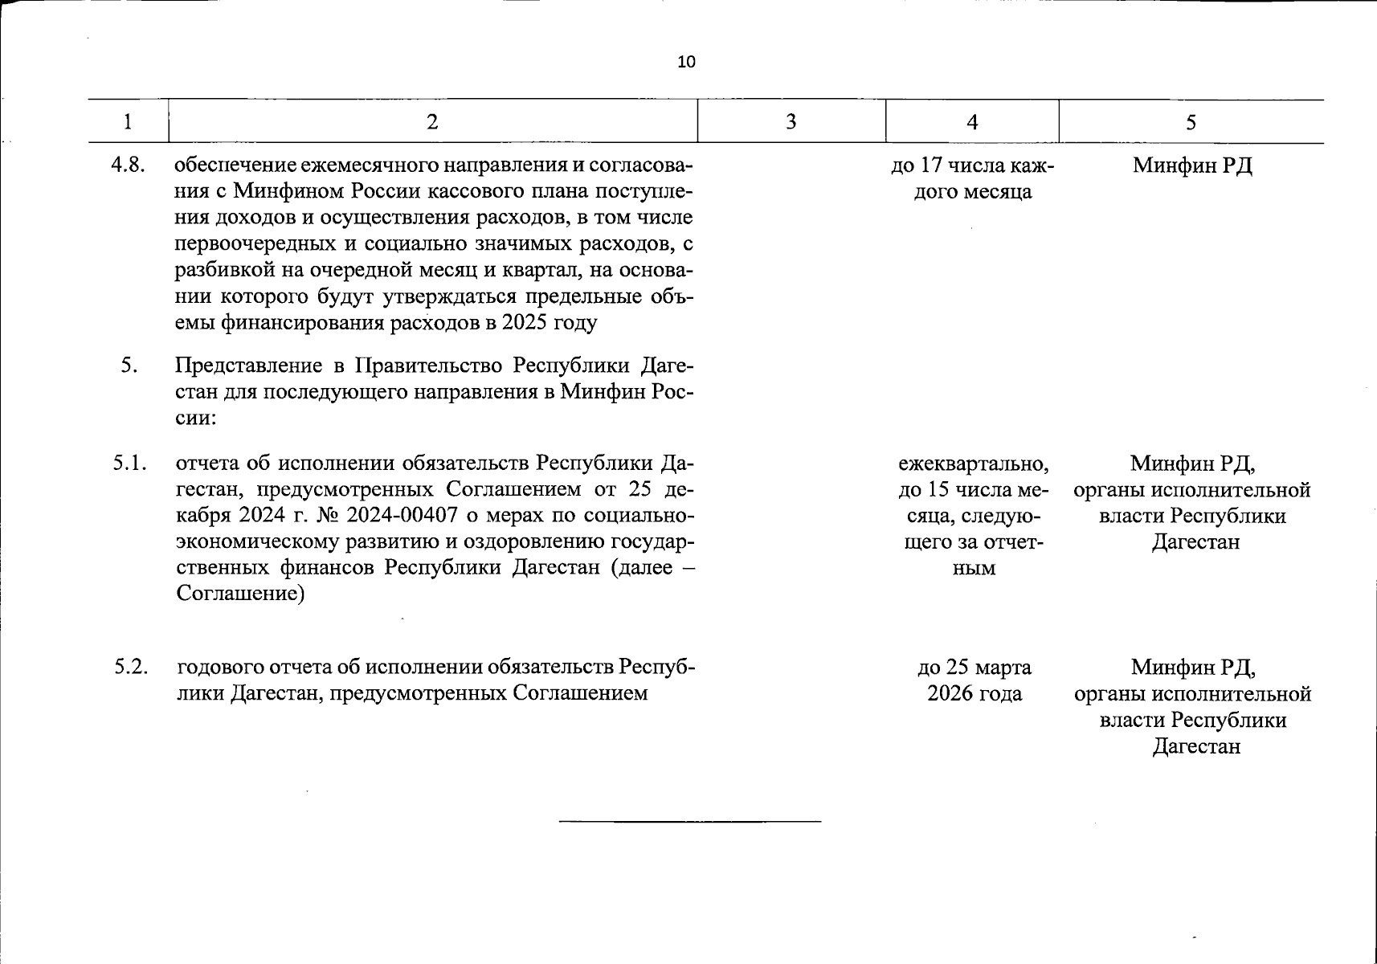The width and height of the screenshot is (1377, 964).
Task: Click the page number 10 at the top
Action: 687,62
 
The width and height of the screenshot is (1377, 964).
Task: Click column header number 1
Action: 128,122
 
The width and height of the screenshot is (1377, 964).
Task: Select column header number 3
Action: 791,121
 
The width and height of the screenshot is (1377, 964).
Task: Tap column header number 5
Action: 1191,122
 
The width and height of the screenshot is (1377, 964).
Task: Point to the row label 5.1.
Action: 129,463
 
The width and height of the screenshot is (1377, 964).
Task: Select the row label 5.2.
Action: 131,667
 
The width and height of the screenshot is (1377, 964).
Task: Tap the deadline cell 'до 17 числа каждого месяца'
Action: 973,178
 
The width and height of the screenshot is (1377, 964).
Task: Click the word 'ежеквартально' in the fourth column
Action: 973,464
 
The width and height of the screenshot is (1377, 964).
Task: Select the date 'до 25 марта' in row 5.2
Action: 974,667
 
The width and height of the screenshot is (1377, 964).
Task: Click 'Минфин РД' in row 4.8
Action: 1192,165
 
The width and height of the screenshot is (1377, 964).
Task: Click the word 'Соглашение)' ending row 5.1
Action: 240,594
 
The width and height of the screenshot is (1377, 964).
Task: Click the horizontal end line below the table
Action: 689,821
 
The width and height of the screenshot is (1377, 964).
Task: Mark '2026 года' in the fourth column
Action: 974,693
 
